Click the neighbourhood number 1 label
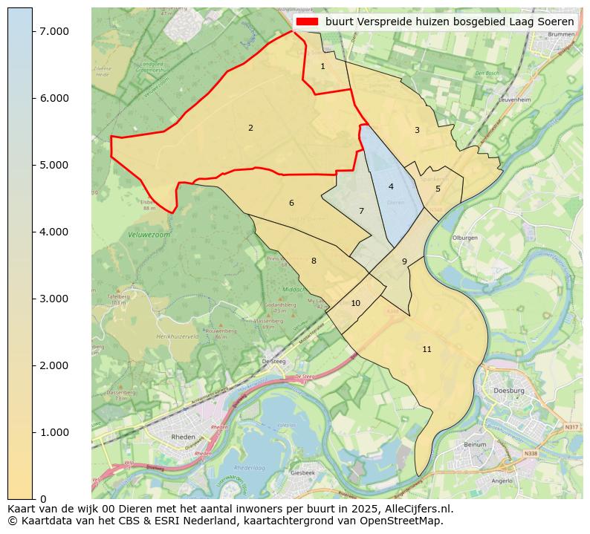322,67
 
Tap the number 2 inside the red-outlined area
250,128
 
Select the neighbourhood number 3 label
417,131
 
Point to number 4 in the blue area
391,187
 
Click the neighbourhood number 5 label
438,189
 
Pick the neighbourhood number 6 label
291,203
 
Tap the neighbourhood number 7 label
361,212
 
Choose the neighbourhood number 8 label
314,261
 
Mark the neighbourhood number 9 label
404,262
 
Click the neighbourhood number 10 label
355,304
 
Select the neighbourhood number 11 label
427,350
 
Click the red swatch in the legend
307,22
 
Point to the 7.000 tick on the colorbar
54,31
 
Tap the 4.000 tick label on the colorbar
54,232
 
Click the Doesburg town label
509,391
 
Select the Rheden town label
184,437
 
